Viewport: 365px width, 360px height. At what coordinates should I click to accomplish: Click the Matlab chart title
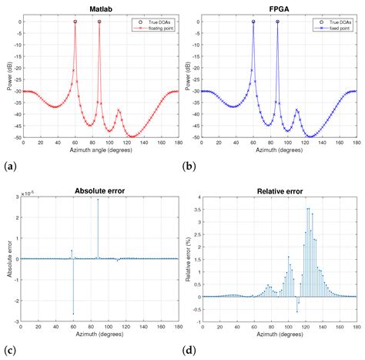point(100,5)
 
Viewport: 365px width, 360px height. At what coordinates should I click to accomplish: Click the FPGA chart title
point(278,5)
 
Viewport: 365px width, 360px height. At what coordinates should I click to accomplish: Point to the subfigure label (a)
point(8,166)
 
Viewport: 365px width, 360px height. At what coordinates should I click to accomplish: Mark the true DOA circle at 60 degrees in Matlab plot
point(75,22)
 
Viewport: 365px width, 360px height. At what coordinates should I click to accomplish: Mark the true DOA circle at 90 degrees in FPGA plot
point(277,22)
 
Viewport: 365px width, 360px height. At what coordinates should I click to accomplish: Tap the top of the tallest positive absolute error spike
point(98,200)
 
